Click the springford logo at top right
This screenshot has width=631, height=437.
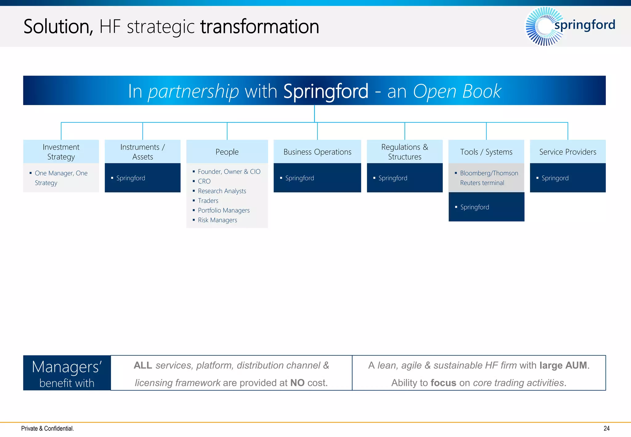[x=570, y=26]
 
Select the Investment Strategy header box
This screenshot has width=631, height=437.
[x=61, y=152]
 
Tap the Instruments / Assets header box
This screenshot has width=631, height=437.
[x=142, y=152]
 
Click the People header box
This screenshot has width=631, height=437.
[x=227, y=152]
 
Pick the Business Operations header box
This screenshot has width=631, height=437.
[x=317, y=152]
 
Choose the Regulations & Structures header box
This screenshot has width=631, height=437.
[x=405, y=152]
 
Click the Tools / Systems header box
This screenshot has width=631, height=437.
[x=486, y=152]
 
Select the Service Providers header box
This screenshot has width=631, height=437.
[x=568, y=152]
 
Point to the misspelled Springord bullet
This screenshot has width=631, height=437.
[x=555, y=178]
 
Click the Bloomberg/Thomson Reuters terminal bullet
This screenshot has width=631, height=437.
[x=489, y=178]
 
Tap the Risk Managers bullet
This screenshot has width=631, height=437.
[x=217, y=220]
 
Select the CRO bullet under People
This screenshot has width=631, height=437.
[x=204, y=181]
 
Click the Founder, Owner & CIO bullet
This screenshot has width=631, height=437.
[x=229, y=172]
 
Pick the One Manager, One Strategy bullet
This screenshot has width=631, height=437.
[x=61, y=178]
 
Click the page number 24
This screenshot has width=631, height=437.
[x=606, y=428]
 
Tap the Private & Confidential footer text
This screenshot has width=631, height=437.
[x=47, y=428]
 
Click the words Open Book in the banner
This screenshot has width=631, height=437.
[x=457, y=91]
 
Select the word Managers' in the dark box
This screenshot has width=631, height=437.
[x=67, y=367]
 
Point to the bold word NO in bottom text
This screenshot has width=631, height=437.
[x=297, y=383]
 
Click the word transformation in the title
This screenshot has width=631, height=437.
[x=259, y=27]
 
